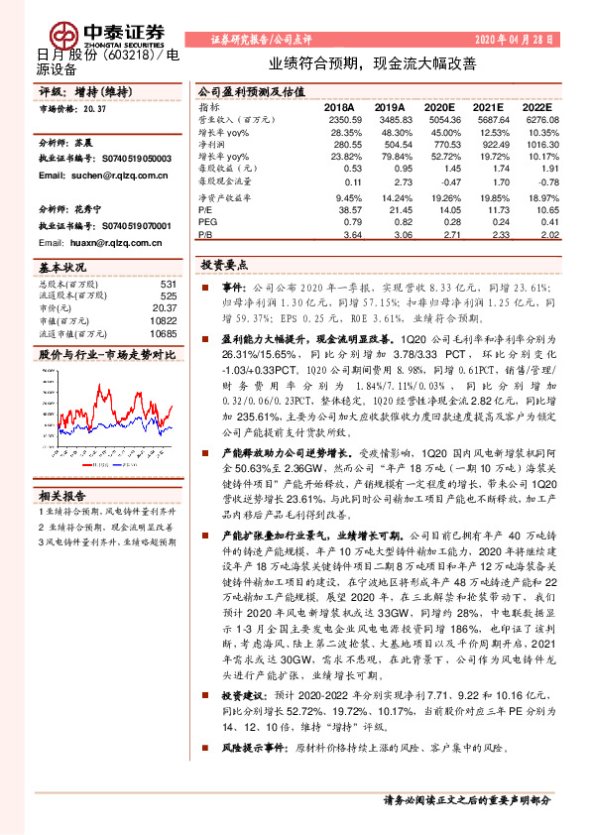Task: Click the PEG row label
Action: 206,222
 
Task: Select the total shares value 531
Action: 168,284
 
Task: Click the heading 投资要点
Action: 224,266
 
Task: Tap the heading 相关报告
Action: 62,496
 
